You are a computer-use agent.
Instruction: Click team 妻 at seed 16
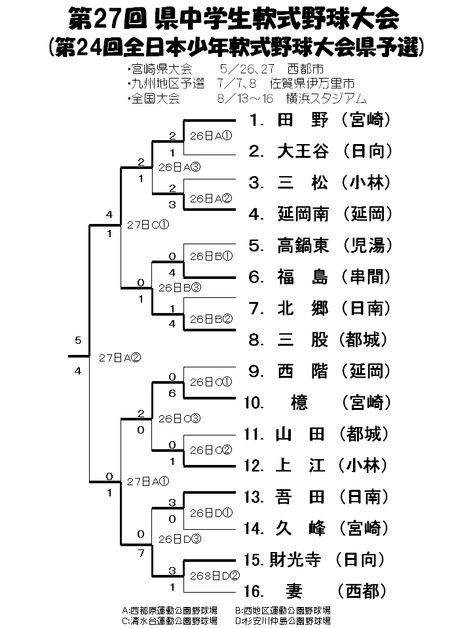302,591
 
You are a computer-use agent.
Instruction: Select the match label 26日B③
179,287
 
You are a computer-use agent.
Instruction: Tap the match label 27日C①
148,224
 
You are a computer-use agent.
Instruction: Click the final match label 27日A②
120,358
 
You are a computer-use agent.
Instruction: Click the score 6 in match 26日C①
172,393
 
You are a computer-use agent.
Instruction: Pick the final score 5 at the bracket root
78,341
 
